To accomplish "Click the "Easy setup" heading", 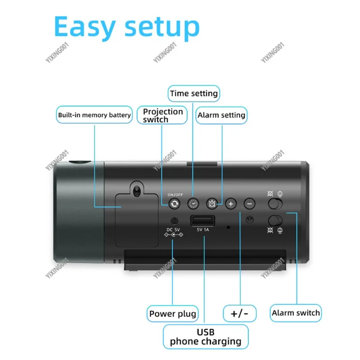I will (x=126, y=27).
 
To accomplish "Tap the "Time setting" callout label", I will (x=193, y=94).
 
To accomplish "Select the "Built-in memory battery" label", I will (x=94, y=115).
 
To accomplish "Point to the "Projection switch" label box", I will (x=163, y=115).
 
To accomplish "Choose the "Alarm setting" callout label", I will (x=221, y=115).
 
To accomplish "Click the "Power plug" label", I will (x=173, y=314).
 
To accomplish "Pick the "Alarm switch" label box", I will (x=296, y=313).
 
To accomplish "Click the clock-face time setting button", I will (x=193, y=204).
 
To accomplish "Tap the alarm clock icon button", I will (x=212, y=204).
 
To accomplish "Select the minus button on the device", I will (x=250, y=204).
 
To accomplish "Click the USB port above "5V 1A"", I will (x=202, y=221).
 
